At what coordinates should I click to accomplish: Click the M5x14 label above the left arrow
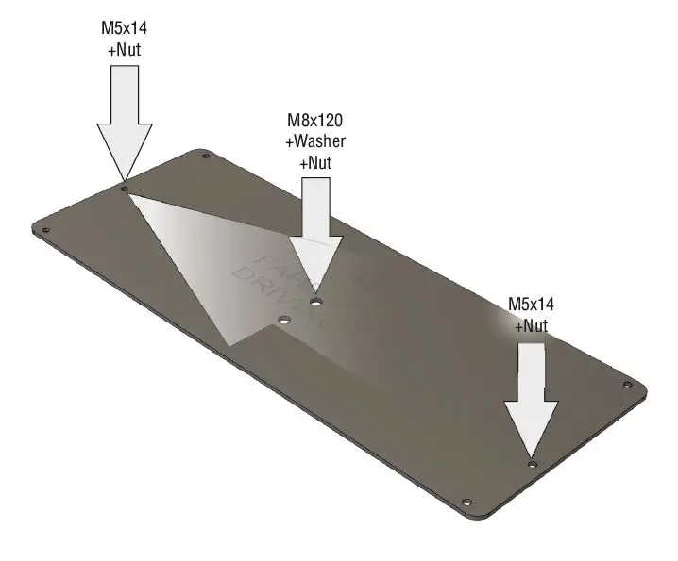coord(125,28)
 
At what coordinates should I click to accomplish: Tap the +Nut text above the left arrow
coord(125,48)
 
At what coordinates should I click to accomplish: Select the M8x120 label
coord(315,122)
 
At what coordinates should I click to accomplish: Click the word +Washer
coord(315,141)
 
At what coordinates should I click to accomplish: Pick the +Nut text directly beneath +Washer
coord(315,162)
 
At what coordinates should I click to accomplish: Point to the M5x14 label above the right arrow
coord(531,305)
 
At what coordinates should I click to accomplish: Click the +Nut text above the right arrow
coord(531,325)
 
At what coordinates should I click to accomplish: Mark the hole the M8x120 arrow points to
coord(316,302)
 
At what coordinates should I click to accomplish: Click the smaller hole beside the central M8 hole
coord(281,321)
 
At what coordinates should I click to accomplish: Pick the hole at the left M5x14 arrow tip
coord(124,189)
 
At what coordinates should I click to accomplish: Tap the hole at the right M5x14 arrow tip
coord(532,465)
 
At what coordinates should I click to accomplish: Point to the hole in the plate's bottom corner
coord(466,502)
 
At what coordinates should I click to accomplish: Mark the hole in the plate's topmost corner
coord(206,156)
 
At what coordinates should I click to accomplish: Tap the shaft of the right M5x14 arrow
coord(531,372)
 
